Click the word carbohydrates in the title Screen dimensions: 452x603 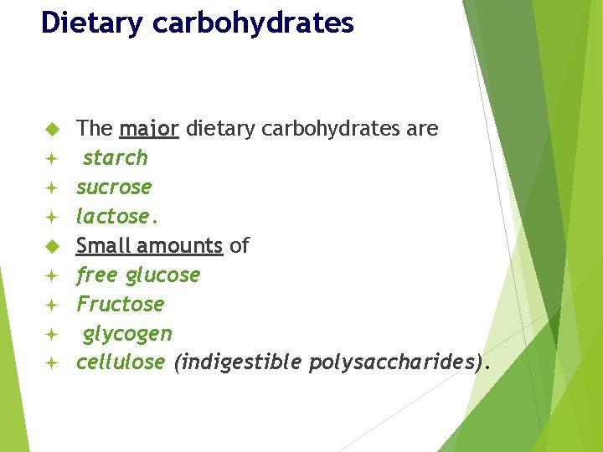pos(254,23)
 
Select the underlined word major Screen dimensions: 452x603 pos(149,129)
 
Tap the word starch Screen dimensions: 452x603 pos(116,158)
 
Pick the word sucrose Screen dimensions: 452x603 pos(114,187)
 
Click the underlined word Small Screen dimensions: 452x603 pos(104,246)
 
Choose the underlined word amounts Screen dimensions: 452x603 pos(180,246)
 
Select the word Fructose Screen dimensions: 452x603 pos(120,305)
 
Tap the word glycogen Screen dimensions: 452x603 pos(127,334)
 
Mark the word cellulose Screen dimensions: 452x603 pos(121,363)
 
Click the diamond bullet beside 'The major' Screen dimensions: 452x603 pos(50,130)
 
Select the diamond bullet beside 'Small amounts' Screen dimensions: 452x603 pos(50,247)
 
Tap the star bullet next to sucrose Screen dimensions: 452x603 pos(50,187)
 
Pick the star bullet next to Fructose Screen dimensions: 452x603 pos(50,305)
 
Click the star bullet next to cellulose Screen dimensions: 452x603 pos(50,363)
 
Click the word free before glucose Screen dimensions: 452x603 pos(98,275)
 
